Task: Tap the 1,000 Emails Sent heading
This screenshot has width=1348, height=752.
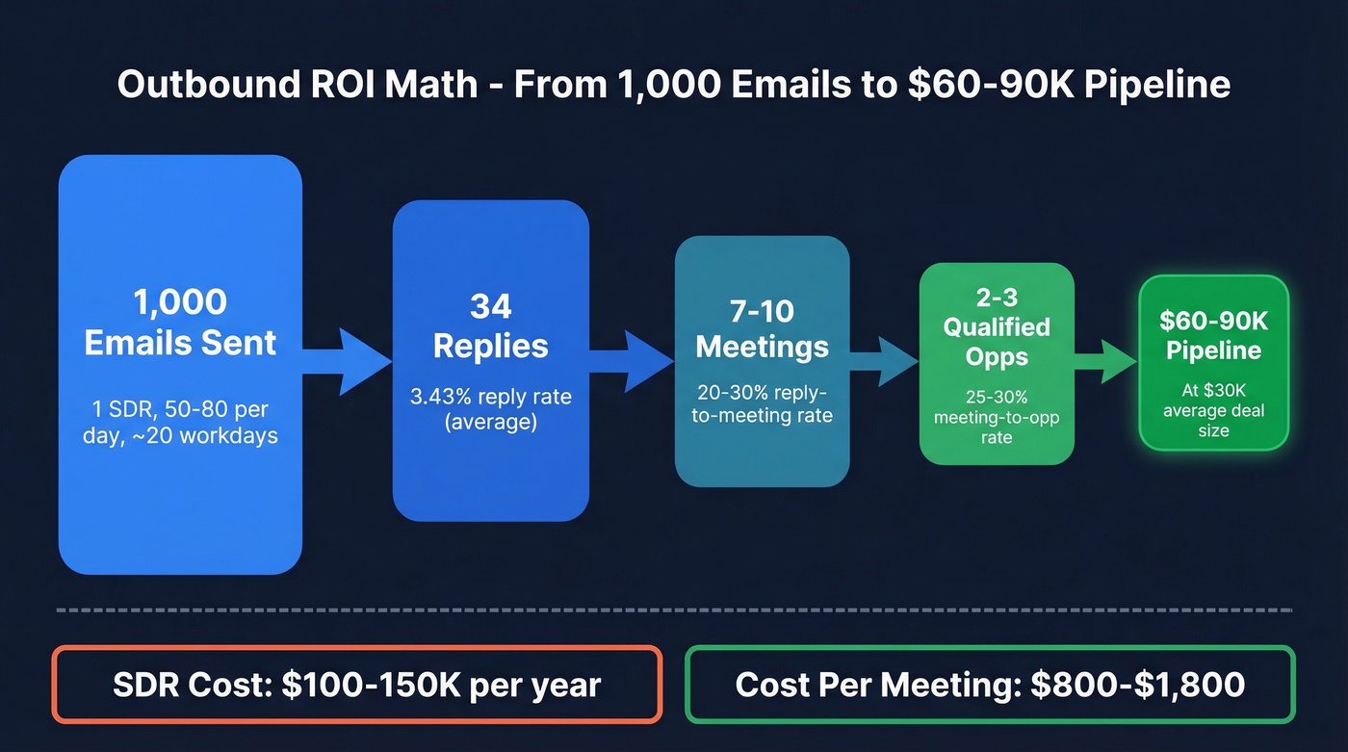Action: pos(181,323)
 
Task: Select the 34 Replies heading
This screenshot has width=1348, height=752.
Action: pos(490,326)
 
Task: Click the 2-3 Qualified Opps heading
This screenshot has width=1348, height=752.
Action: pos(997,326)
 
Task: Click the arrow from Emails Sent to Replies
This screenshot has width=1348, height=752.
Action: pos(348,362)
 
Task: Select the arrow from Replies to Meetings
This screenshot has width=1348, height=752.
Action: pos(631,362)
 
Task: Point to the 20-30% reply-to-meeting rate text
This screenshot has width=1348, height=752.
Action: pos(762,404)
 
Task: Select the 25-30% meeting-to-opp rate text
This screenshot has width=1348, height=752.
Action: pos(997,417)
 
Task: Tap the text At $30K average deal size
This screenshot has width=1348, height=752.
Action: pos(1213,411)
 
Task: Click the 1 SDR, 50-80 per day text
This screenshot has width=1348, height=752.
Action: pos(181,421)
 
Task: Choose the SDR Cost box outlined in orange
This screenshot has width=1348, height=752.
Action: pos(357,685)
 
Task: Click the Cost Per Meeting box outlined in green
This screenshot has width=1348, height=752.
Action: pos(990,685)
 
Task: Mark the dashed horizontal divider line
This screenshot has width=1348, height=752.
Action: pos(674,609)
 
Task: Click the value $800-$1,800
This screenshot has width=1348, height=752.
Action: pos(1137,685)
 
